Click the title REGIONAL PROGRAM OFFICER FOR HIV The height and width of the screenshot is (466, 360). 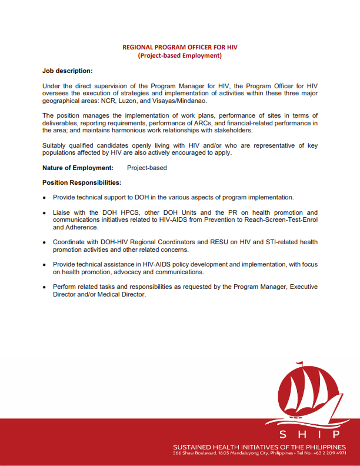click(x=179, y=46)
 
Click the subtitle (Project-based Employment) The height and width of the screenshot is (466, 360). click(x=179, y=56)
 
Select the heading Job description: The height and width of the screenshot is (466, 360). click(x=67, y=71)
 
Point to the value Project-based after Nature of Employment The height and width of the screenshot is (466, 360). click(x=147, y=168)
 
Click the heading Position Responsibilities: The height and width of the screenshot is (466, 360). click(x=82, y=182)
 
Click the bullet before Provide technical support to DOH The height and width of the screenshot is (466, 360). click(x=45, y=198)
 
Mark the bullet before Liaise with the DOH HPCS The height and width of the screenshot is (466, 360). click(x=45, y=212)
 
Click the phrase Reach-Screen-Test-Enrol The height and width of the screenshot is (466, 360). click(x=276, y=219)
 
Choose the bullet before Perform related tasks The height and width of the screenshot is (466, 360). click(x=45, y=287)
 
